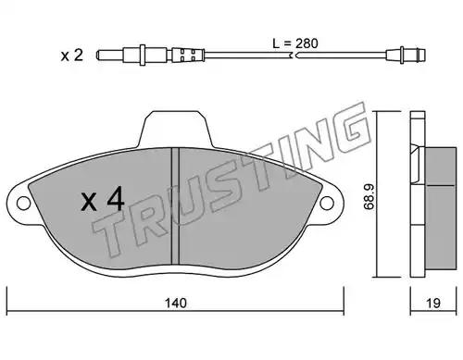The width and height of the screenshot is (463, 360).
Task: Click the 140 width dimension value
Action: (x=176, y=303)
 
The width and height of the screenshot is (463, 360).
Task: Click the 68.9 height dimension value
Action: (x=369, y=197)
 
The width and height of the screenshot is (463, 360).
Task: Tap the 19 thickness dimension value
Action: (x=433, y=303)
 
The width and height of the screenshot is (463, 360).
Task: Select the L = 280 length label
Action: (x=295, y=43)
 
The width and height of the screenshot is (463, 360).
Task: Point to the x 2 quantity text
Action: (x=72, y=56)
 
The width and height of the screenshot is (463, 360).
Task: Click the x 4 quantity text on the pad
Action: (x=103, y=201)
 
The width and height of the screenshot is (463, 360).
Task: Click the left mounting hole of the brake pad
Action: (x=24, y=204)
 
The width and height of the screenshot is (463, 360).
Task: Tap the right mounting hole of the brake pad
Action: (x=327, y=204)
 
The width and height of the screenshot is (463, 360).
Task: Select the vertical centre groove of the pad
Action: (x=175, y=205)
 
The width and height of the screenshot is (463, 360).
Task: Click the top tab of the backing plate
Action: (x=175, y=129)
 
